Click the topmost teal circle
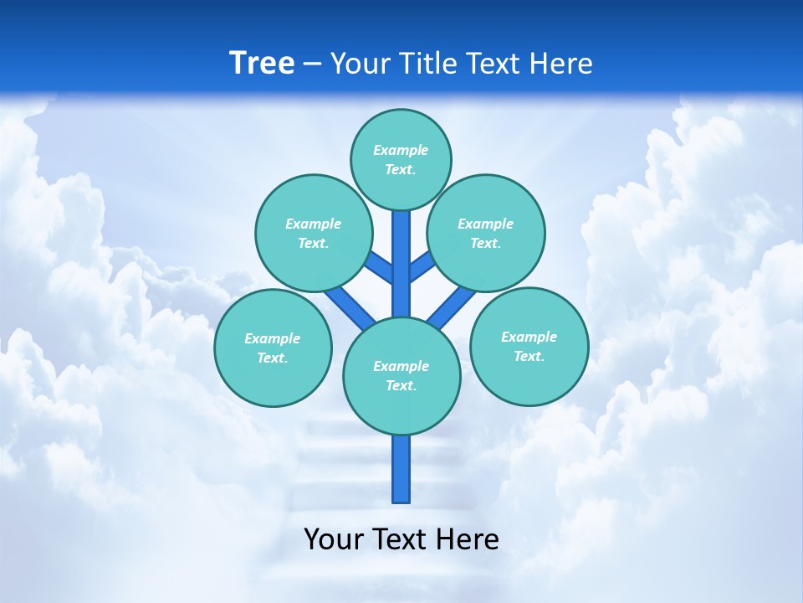tap(401, 159)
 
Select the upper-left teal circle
tap(313, 233)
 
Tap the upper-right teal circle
tap(486, 233)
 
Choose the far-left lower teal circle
tap(273, 348)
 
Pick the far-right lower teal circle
tap(529, 346)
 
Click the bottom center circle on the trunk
tap(401, 376)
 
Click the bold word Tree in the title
tap(262, 63)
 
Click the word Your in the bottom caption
tap(335, 539)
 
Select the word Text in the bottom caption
tap(399, 539)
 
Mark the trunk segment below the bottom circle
tap(401, 469)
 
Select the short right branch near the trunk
tap(422, 266)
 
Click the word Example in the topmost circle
tap(401, 150)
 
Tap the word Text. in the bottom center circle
tap(401, 385)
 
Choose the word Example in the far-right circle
tap(529, 337)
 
